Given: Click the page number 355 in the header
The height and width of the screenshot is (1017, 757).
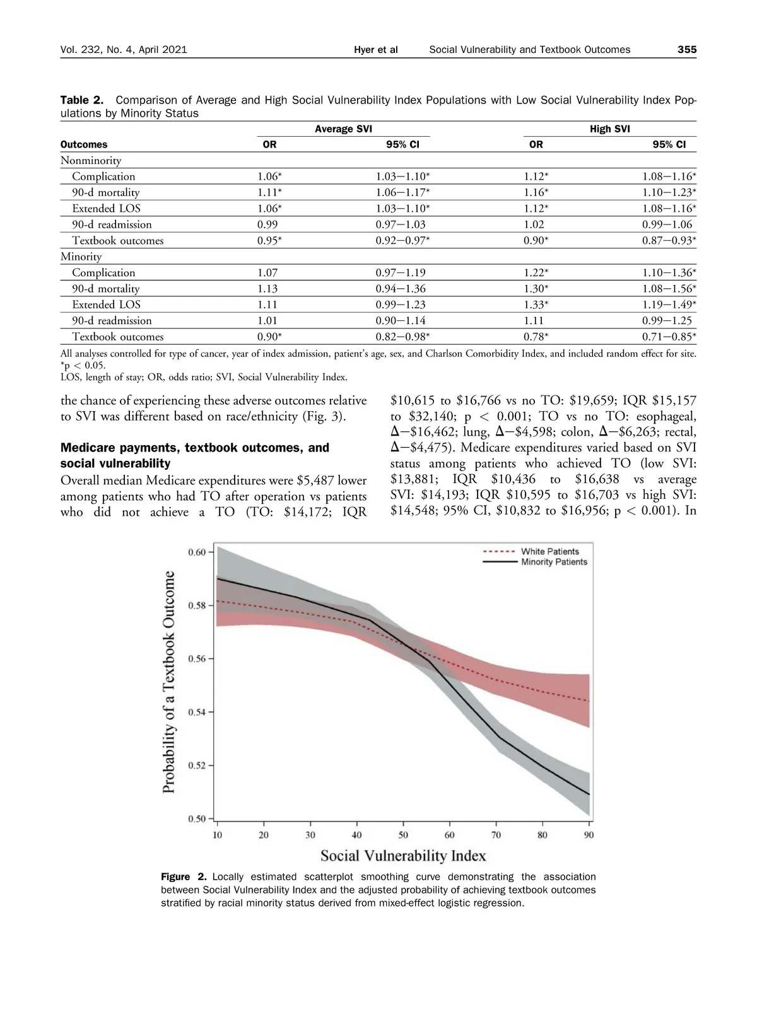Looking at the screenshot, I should click(686, 50).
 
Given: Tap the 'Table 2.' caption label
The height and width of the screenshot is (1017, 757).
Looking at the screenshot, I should click(81, 100).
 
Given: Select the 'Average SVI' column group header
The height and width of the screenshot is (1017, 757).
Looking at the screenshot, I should click(343, 129).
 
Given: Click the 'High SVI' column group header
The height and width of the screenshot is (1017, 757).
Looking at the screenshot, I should click(609, 129).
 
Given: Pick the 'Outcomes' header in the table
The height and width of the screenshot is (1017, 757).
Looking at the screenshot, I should click(84, 144).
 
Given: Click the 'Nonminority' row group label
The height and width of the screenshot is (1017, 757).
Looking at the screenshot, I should click(91, 160).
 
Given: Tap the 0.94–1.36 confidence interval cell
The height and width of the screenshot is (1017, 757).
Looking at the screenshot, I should click(400, 289).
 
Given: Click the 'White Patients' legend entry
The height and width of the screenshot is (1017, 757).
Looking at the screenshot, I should click(549, 552).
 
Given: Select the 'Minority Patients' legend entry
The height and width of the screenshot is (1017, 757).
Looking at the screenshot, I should click(554, 562).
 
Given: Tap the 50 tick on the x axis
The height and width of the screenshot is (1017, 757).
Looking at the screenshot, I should click(403, 835).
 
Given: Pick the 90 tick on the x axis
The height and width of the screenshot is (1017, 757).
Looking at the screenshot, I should click(589, 835).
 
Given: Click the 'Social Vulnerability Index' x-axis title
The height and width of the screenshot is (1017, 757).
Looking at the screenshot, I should click(403, 856).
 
